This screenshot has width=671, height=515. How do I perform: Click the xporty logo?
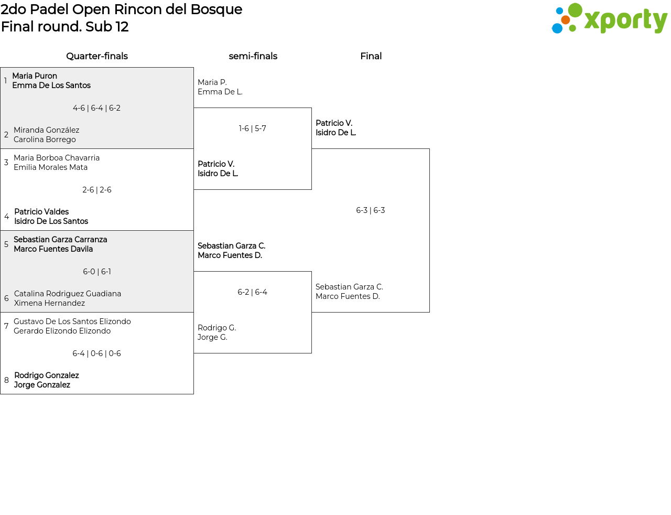coord(609,19)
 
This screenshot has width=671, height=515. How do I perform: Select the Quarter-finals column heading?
coord(97,56)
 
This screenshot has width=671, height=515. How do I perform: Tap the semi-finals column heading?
coord(253,56)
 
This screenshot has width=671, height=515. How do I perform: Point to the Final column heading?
coord(371,56)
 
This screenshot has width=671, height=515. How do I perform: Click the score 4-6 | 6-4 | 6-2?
coord(96,108)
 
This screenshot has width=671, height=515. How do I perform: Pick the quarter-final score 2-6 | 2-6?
coord(96,190)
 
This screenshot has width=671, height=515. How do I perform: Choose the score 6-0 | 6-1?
coord(96,272)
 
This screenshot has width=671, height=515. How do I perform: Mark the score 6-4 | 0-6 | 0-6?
coord(96,353)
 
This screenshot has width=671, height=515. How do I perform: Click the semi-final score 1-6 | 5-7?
coord(252,128)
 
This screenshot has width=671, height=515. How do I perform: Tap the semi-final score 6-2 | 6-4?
coord(252,292)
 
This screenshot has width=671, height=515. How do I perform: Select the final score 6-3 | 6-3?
coord(370,210)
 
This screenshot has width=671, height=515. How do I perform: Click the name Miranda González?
coord(47,130)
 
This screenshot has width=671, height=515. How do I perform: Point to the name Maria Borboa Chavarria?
coord(57,158)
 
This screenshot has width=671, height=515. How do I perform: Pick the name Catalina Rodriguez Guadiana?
coord(68,294)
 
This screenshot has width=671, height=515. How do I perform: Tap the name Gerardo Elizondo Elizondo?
coord(62,331)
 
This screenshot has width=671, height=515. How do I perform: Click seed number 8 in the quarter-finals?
coord(6,380)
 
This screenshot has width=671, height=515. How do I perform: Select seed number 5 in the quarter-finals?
coord(6,244)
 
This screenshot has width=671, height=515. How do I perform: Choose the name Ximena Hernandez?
coord(49,303)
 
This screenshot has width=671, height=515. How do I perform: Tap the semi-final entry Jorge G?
coord(212,337)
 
